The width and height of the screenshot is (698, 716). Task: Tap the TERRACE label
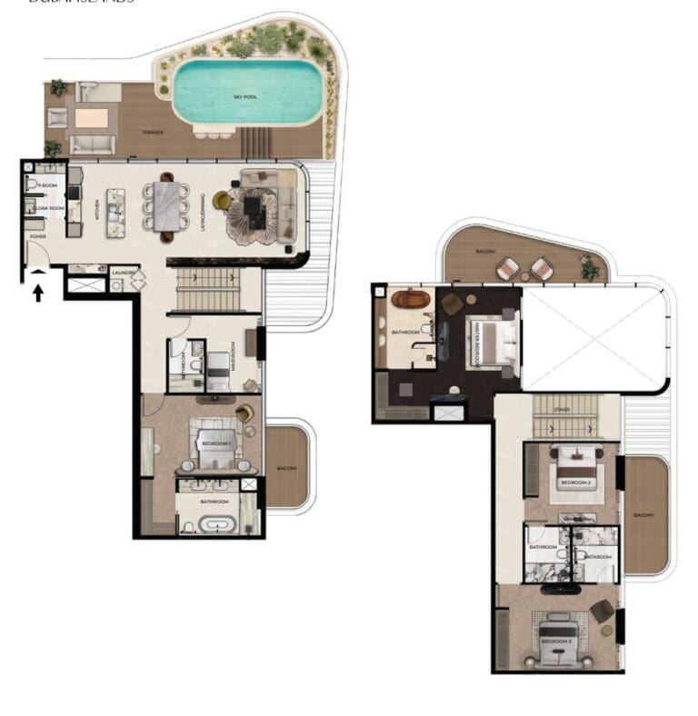tap(153, 133)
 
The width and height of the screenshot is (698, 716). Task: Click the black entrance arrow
tap(39, 293)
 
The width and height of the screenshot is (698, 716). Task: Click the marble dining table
tap(167, 207)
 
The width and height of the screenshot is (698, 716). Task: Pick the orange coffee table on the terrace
tap(91, 118)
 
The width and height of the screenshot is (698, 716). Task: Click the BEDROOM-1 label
tap(216, 443)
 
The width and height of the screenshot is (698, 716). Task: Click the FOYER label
tap(38, 237)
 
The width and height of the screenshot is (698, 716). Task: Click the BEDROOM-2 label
tap(576, 482)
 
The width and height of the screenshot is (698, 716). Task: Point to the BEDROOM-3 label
tap(556, 641)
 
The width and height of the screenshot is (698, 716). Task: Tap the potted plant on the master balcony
tap(590, 268)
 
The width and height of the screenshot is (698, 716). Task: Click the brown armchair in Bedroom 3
tap(602, 611)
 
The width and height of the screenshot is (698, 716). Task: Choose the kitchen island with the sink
tap(115, 213)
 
